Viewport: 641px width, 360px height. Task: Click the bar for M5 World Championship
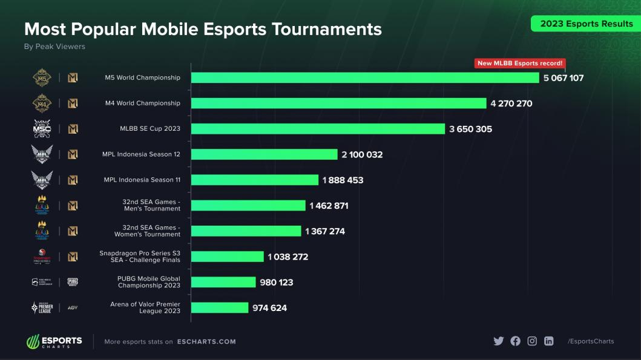365,77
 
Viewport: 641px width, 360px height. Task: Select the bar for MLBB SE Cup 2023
318,129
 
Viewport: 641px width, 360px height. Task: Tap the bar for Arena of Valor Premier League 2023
220,308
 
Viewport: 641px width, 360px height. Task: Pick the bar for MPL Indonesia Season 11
255,180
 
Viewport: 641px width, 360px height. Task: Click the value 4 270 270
511,103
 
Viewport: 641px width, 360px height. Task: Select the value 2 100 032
362,155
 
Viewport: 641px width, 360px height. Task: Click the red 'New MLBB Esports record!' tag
520,63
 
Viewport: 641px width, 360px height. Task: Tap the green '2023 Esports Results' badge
586,24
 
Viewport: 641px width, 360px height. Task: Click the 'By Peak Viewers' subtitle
54,47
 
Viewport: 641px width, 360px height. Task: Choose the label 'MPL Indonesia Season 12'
141,154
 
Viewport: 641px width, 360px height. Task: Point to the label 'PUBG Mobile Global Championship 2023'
149,282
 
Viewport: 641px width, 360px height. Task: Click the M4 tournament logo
42,103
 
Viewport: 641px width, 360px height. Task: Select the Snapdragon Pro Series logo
42,257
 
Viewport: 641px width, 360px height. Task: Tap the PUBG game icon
73,282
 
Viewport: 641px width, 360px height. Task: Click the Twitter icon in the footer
498,341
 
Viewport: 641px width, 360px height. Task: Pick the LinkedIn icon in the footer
548,341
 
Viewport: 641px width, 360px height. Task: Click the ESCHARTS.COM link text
206,342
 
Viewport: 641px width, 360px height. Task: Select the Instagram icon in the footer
532,341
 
